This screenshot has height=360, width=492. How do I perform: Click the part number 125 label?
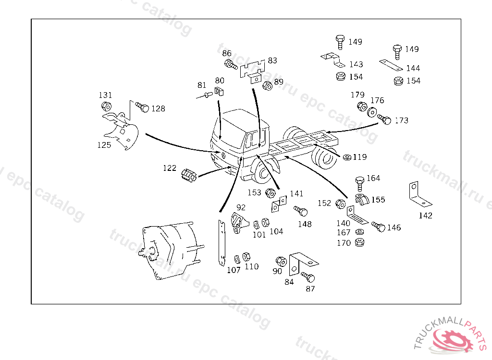point(104,145)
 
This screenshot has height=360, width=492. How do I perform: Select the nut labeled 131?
point(106,106)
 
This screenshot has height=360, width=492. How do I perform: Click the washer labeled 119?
point(347,157)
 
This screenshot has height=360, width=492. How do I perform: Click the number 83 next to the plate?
point(272,61)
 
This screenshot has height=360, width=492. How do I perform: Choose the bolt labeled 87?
point(308,277)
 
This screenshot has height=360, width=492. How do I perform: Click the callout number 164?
point(373,178)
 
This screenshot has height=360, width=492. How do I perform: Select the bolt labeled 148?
point(301,212)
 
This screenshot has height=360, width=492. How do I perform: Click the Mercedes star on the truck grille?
point(223,155)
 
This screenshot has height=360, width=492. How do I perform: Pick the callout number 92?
point(241,207)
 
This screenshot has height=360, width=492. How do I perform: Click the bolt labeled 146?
point(379,226)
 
